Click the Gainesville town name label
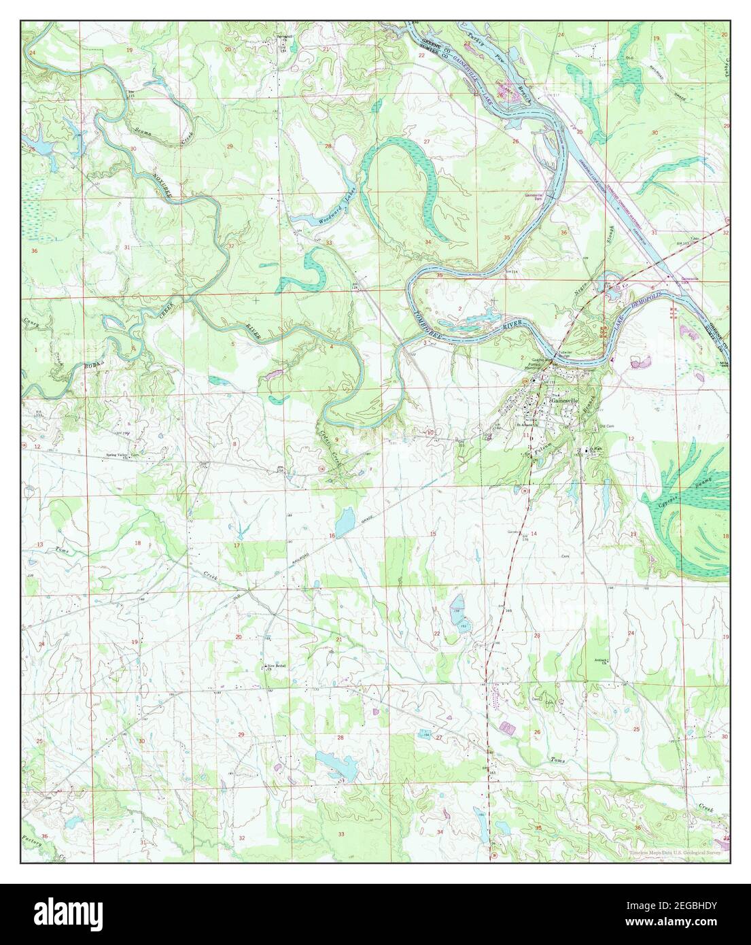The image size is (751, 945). (563, 401)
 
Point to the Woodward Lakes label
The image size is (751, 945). (338, 212)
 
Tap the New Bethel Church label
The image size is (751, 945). (273, 667)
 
